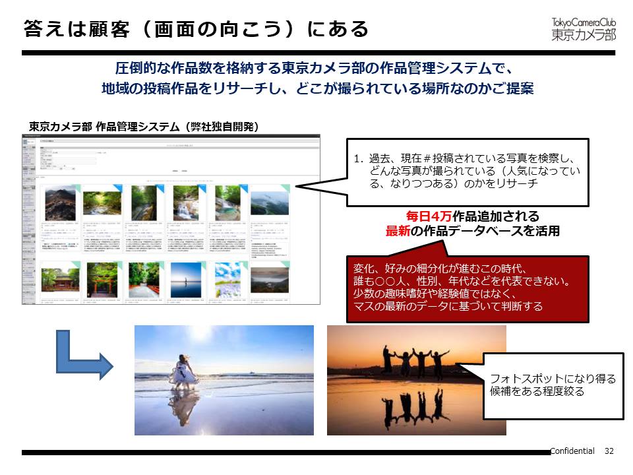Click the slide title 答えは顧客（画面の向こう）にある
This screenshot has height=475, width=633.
click(x=195, y=29)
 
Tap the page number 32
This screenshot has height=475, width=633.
click(x=609, y=451)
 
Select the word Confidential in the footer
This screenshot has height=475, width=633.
click(x=572, y=451)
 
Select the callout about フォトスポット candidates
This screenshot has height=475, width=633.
click(x=553, y=385)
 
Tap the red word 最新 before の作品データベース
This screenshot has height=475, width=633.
click(x=400, y=231)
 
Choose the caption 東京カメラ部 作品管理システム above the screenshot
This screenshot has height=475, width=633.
click(x=105, y=127)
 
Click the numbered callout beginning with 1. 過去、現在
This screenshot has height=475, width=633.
click(x=467, y=172)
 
